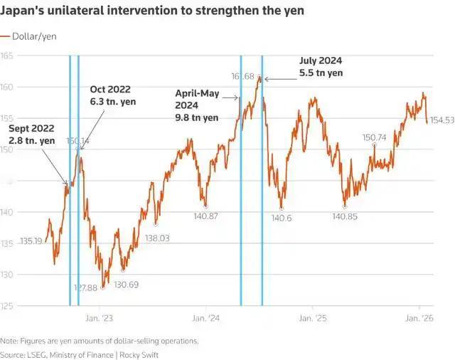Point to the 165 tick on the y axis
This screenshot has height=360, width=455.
point(8,55)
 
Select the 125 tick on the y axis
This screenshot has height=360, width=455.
point(8,306)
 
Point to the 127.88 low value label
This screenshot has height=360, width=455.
point(84,287)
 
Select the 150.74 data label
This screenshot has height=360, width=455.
point(374,137)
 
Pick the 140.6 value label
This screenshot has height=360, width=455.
point(281,217)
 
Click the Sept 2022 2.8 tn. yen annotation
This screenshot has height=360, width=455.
point(32,134)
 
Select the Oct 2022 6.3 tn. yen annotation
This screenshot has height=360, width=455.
point(112,95)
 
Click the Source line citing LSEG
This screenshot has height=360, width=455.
point(80,354)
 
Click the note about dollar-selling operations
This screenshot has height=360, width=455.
point(100,341)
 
